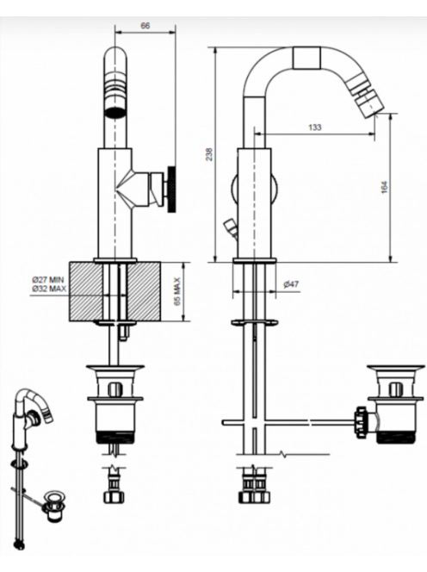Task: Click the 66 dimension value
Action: tap(145, 26)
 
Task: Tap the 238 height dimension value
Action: tap(208, 154)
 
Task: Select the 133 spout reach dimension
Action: tap(315, 127)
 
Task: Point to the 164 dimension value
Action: tap(385, 187)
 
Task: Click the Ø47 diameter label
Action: tap(291, 283)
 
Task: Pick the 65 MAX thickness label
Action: tap(177, 291)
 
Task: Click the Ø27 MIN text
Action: tap(47, 280)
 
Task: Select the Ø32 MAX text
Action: tap(49, 289)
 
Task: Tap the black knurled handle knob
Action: tap(171, 189)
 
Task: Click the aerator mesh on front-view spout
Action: tap(116, 112)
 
